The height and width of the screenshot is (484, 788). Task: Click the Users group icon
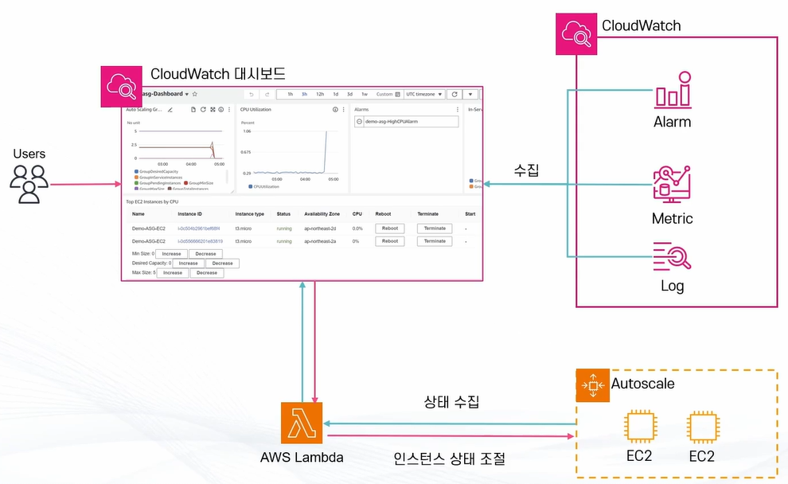coord(29,184)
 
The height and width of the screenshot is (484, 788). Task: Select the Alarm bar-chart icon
coord(672,92)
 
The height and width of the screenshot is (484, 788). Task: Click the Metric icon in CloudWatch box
coord(672,185)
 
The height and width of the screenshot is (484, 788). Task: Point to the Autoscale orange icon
coord(592,385)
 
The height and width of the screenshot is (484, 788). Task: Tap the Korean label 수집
coord(526,170)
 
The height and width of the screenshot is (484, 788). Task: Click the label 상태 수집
coord(451,402)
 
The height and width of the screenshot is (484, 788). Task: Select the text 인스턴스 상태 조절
coord(449,459)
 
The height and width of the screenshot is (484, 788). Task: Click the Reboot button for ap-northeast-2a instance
coord(389,240)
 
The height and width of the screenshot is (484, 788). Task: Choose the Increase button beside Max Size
coord(173,273)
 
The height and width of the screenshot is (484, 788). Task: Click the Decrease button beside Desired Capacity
coord(222,263)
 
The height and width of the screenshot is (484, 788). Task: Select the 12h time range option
coord(320,94)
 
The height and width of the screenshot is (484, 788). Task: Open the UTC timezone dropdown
coord(423,94)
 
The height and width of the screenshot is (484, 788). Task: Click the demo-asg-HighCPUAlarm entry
coord(406,122)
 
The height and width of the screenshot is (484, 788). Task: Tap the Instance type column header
coord(249,214)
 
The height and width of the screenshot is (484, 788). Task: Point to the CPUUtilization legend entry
coord(267,186)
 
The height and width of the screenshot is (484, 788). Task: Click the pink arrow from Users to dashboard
coord(84,185)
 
